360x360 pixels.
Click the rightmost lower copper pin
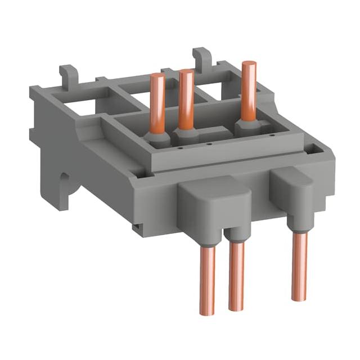299,264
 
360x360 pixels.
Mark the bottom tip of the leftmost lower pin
208,313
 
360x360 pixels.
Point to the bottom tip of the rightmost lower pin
299,298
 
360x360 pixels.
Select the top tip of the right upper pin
249,63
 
